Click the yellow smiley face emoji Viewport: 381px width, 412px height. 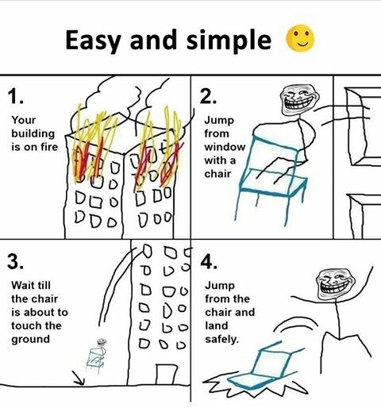(300, 38)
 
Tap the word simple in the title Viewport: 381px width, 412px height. (229, 40)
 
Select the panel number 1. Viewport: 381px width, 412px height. (15, 96)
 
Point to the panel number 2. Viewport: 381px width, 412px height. (208, 96)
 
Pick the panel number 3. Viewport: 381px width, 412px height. (15, 261)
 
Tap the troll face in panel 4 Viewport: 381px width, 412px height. (336, 284)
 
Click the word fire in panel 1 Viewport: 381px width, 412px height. (48, 147)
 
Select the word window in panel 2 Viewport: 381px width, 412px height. (225, 147)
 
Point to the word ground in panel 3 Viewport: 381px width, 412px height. (31, 340)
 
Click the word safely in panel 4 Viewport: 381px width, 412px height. (221, 339)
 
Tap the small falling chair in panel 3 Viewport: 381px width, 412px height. (97, 356)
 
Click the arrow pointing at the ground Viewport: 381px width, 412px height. (79, 378)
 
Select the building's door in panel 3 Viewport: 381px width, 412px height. (166, 374)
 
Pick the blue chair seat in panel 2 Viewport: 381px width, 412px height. (274, 183)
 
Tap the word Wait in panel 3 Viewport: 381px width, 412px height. (23, 285)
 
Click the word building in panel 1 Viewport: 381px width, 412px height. (33, 134)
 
